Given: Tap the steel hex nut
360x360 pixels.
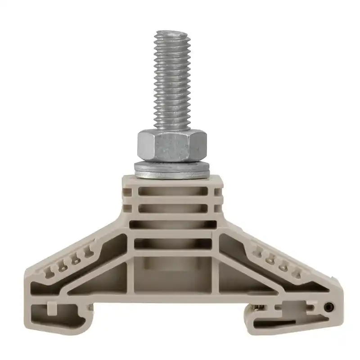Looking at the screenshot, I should (x=171, y=145).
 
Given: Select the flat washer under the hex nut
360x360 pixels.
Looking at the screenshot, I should (x=171, y=170).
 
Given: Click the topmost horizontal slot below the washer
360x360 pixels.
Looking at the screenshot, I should (x=173, y=191).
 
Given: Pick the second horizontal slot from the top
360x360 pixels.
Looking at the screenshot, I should (x=173, y=208).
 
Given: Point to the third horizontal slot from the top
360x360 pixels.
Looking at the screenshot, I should (x=173, y=225).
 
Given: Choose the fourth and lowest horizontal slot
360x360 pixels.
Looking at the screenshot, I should (x=173, y=243).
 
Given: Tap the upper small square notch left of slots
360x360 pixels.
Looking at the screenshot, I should (x=128, y=192).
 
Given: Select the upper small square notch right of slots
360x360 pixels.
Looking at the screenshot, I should (x=218, y=192).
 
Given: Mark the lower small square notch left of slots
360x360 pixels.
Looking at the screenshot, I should (x=128, y=208).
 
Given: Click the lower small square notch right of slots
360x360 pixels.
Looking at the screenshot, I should (x=218, y=208).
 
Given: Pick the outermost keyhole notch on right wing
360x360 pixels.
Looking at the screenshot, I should (x=296, y=271).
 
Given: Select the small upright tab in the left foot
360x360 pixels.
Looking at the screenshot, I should (x=51, y=307).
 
